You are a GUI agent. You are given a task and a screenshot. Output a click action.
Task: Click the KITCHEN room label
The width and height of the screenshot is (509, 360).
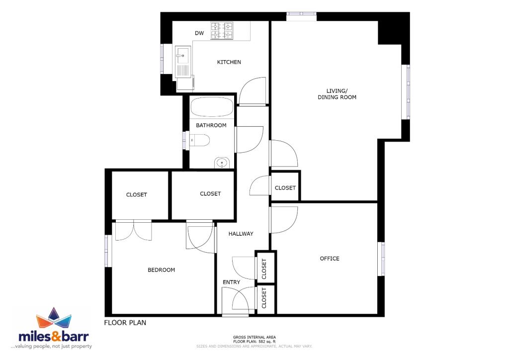pyautogui.click(x=229, y=62)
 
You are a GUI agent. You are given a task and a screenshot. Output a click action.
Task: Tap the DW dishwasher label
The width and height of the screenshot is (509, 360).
pyautogui.click(x=199, y=33)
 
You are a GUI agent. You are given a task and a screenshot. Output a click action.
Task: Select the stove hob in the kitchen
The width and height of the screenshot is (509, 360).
pyautogui.click(x=222, y=31)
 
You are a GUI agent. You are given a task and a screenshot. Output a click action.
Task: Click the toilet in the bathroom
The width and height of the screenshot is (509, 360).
pyautogui.click(x=199, y=141)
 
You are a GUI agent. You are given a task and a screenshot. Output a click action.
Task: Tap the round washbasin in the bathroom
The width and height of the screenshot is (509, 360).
pyautogui.click(x=222, y=162)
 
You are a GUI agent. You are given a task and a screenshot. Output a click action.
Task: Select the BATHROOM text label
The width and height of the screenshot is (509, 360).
pyautogui.click(x=211, y=125)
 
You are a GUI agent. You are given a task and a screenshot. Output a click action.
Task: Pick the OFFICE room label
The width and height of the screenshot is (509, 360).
pyautogui.click(x=329, y=259)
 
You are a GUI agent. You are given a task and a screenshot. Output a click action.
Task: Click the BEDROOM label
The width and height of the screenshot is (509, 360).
pyautogui.click(x=161, y=270)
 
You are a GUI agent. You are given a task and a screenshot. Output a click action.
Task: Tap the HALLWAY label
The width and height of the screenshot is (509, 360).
pyautogui.click(x=241, y=234)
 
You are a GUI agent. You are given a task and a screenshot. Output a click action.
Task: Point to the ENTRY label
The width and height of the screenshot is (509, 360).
pyautogui.click(x=231, y=282)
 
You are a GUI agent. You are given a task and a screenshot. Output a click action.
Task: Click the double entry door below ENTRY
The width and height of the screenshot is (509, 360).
pyautogui.click(x=235, y=301)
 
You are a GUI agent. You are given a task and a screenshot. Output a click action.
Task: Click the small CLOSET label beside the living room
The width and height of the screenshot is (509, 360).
pyautogui.click(x=285, y=188)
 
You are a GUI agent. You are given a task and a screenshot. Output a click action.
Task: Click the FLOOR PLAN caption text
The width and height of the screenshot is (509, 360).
pyautogui.click(x=125, y=323)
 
